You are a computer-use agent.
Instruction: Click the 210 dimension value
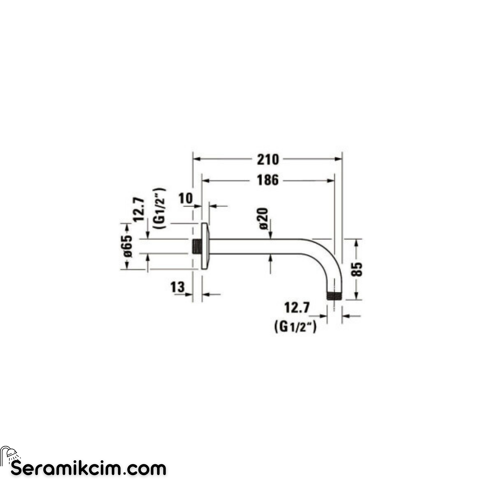pyautogui.click(x=268, y=160)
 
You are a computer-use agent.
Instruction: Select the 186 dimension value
pyautogui.click(x=268, y=180)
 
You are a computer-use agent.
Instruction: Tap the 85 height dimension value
pyautogui.click(x=357, y=269)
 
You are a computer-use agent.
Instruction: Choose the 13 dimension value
pyautogui.click(x=178, y=287)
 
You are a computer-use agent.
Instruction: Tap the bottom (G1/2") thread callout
pyautogui.click(x=296, y=327)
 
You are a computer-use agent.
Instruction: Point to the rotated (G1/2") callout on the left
pyautogui.click(x=160, y=208)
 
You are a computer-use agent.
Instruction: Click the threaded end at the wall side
pyautogui.click(x=197, y=246)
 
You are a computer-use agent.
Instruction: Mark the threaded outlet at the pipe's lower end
pyautogui.click(x=335, y=296)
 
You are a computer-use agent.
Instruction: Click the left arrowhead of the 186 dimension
pyautogui.click(x=206, y=180)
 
